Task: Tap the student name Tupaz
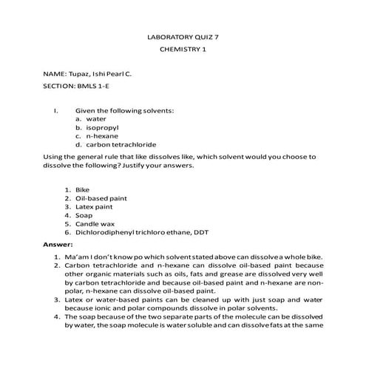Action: click(79, 75)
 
